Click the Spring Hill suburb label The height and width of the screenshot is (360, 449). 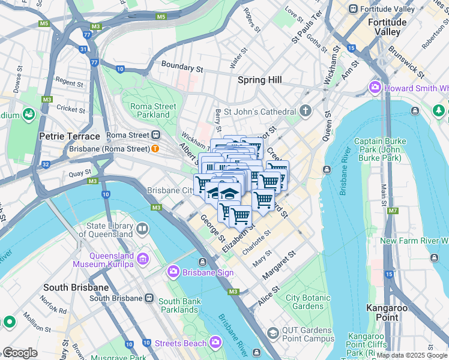(259, 80)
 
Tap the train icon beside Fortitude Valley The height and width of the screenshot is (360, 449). (354, 9)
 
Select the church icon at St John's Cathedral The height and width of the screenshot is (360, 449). (306, 112)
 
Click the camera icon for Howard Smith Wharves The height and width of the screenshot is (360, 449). (376, 88)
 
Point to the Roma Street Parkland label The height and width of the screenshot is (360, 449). (153, 110)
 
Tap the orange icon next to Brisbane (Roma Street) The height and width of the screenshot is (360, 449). (155, 148)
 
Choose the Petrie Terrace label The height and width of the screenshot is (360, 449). (69, 136)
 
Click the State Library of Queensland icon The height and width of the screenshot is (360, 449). (142, 229)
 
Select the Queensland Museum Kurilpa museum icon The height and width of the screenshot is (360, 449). (143, 259)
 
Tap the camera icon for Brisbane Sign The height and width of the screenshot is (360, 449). (173, 272)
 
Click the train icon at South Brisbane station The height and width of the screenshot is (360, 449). (148, 298)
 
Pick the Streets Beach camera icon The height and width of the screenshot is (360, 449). (215, 343)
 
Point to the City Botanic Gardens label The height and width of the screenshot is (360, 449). (307, 302)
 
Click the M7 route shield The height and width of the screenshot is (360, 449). (393, 211)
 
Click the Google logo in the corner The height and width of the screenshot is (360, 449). (20, 353)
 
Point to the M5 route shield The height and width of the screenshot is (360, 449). (43, 23)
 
